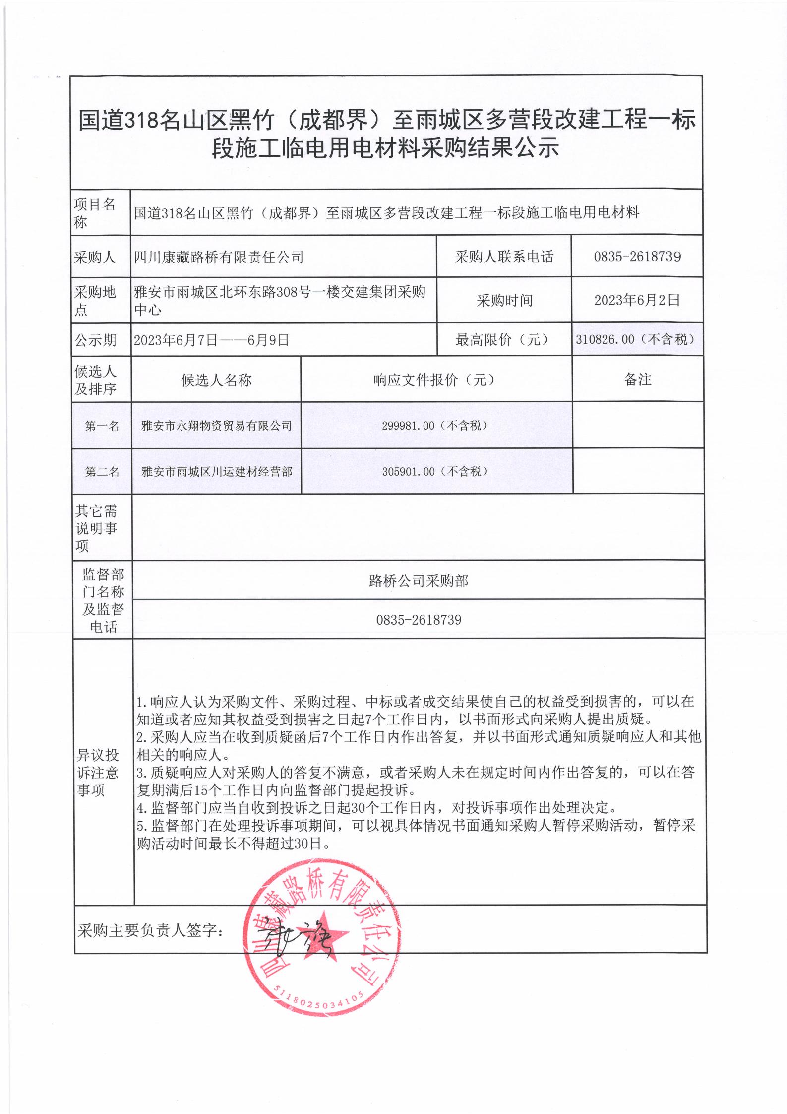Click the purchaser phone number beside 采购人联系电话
pos(637,257)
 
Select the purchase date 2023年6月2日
pos(637,300)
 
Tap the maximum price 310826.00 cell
pos(637,339)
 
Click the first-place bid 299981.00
pos(435,426)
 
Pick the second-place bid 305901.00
pos(435,472)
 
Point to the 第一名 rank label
pos(102,426)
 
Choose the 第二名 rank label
pos(102,472)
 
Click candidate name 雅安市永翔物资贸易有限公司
pos(216,426)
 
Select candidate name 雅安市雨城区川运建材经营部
pos(216,472)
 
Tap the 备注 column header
pos(638,380)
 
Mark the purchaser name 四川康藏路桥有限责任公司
pos(219,257)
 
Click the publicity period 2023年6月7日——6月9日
pos(212,340)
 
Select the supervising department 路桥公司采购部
pos(419,581)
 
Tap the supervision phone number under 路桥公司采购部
pos(419,620)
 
